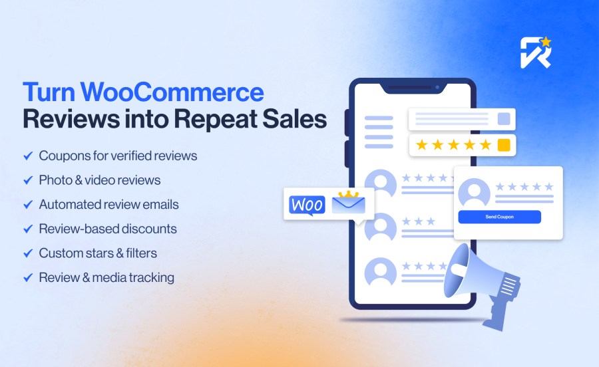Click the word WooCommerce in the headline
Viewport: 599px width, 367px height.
[x=172, y=92]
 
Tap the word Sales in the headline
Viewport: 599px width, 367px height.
[x=295, y=119]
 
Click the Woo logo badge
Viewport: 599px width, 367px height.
[x=307, y=205]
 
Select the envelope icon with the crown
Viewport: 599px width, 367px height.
[x=348, y=203]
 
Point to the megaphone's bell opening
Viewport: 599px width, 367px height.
[x=457, y=270]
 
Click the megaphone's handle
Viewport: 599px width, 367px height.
[x=496, y=314]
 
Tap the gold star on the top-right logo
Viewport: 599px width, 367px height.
[x=546, y=42]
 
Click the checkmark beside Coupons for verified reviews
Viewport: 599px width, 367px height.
[x=28, y=156]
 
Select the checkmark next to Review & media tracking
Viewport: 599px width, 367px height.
[x=28, y=278]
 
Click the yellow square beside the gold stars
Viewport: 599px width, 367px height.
[x=504, y=145]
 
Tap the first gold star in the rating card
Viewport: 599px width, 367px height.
[x=421, y=145]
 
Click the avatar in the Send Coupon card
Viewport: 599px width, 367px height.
[x=474, y=192]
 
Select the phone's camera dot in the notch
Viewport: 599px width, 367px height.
[x=437, y=87]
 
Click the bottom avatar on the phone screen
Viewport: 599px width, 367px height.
[x=381, y=271]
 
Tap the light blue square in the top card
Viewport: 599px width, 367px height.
[x=504, y=118]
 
